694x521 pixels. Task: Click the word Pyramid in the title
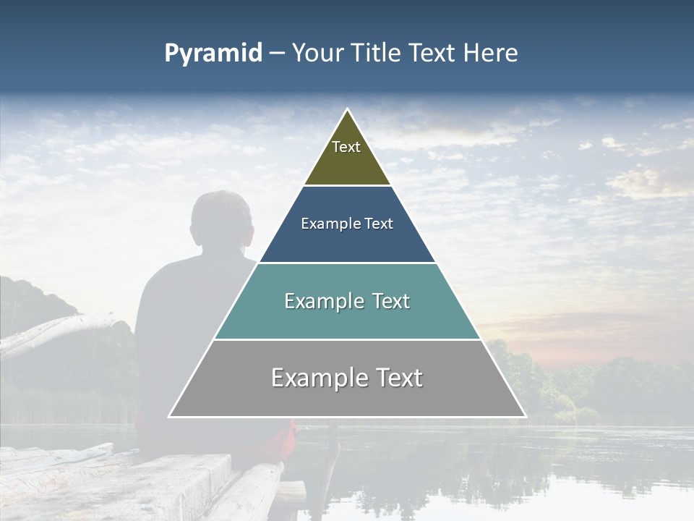213,54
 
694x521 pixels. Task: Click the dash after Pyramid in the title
277,54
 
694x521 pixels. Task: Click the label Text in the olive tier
346,147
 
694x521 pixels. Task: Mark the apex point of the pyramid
348,109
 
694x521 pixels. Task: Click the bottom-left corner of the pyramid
169,417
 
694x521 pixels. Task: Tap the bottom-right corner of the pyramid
526,417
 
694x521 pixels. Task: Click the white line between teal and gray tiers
347,339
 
